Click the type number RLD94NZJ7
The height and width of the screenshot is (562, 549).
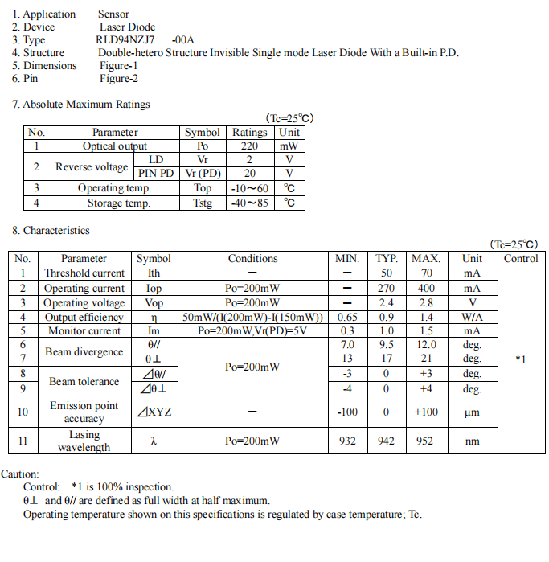tap(127, 39)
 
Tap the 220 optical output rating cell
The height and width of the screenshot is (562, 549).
tap(249, 146)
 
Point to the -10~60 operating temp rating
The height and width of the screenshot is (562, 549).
tap(249, 188)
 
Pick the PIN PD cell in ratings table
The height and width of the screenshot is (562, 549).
tap(156, 173)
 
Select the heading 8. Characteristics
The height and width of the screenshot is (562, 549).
tap(51, 230)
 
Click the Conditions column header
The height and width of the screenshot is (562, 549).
tap(252, 258)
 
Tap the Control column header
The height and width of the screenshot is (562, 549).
tap(521, 258)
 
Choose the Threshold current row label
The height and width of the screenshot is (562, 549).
tap(84, 273)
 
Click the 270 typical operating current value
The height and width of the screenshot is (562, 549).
tap(387, 288)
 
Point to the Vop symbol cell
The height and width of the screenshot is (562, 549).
tap(154, 302)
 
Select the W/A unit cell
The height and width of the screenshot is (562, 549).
tap(472, 317)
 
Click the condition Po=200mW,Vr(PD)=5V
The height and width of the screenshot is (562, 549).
tap(252, 330)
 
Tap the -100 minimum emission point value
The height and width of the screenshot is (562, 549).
tap(347, 412)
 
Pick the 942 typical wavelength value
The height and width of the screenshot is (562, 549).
tap(387, 441)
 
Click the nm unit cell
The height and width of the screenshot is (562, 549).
tap(472, 441)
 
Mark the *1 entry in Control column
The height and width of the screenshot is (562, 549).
tap(521, 359)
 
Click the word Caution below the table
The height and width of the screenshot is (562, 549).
tap(20, 474)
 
